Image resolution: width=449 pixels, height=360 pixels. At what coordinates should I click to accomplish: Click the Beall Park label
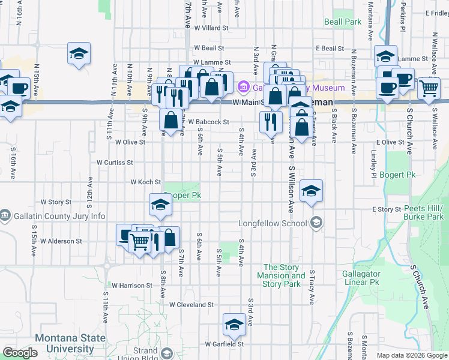pyautogui.click(x=343, y=22)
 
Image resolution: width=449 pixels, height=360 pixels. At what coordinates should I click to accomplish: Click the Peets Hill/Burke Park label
pyautogui.click(x=423, y=212)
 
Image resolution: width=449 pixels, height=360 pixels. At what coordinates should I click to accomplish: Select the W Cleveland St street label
pyautogui.click(x=191, y=305)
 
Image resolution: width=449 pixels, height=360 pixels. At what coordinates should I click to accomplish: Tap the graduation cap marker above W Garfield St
pyautogui.click(x=234, y=325)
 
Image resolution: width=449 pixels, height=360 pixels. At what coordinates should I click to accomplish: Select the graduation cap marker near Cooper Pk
pyautogui.click(x=160, y=205)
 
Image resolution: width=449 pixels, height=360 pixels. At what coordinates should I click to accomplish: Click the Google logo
pyautogui.click(x=20, y=353)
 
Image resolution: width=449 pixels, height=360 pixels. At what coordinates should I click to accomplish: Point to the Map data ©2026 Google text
pyautogui.click(x=411, y=355)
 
